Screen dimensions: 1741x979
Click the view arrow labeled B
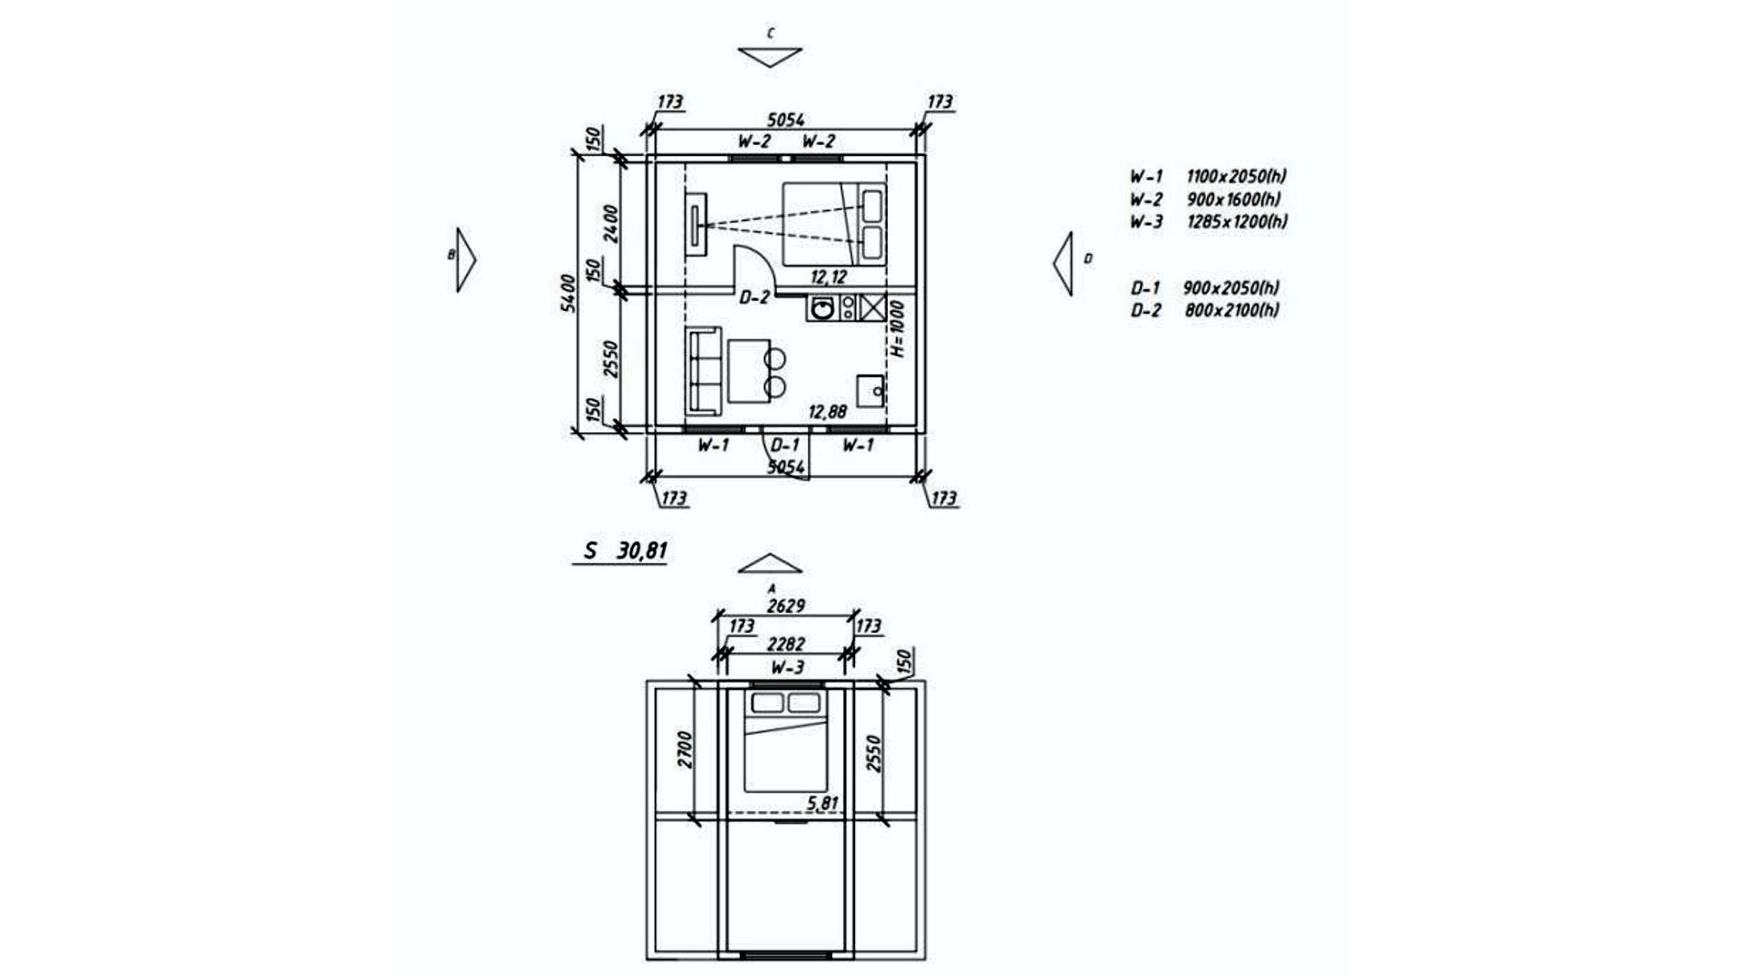click(465, 259)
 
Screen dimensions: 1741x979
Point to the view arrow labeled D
click(1063, 262)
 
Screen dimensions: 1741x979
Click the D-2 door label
click(754, 296)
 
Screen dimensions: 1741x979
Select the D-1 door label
click(785, 445)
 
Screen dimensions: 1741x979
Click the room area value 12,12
click(829, 277)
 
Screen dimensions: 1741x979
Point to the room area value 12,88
click(827, 412)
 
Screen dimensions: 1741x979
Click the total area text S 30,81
click(627, 550)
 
